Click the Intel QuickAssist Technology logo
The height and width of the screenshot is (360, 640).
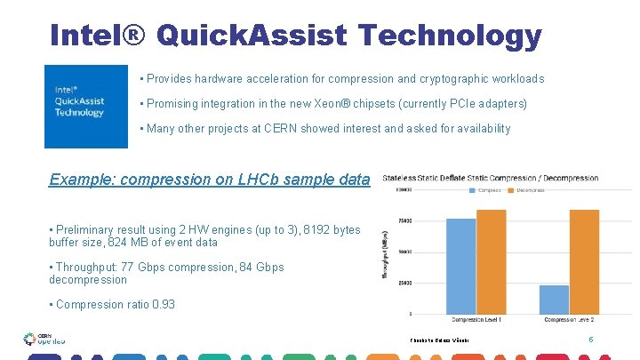click(x=86, y=106)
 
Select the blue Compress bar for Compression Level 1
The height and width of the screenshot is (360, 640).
click(x=460, y=266)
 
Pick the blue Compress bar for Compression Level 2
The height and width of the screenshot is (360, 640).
click(x=555, y=299)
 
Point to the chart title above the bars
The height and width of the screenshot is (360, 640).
click(x=491, y=178)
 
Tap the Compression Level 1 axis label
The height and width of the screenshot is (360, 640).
click(x=476, y=318)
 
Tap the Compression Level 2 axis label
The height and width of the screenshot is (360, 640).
click(x=570, y=318)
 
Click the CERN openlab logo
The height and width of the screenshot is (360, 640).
click(x=44, y=339)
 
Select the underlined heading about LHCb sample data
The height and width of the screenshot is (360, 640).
click(x=209, y=179)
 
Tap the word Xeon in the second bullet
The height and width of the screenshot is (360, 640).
click(x=332, y=104)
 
